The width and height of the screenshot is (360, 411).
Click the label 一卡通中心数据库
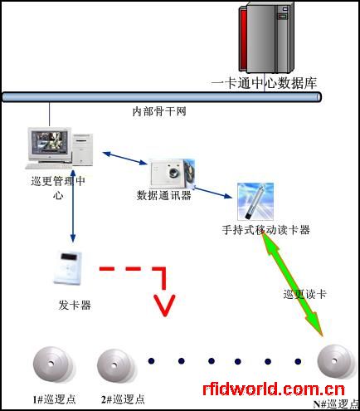pyautogui.click(x=264, y=83)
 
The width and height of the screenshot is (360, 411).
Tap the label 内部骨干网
pyautogui.click(x=159, y=111)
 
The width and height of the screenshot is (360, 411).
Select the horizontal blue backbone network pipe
pyautogui.click(x=162, y=97)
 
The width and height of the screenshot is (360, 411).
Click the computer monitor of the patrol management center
pyautogui.click(x=50, y=144)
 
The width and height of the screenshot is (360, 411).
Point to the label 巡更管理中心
pyautogui.click(x=58, y=188)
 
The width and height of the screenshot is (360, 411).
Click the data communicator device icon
pyautogui.click(x=172, y=173)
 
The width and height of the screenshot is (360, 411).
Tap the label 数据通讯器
pyautogui.click(x=164, y=195)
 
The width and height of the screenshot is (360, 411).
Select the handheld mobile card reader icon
pyautogui.click(x=255, y=202)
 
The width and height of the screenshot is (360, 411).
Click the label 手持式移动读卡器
pyautogui.click(x=265, y=230)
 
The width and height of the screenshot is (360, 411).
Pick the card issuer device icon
pyautogui.click(x=68, y=267)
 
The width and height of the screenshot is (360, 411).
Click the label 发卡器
pyautogui.click(x=75, y=305)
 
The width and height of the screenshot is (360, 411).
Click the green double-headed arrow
pyautogui.click(x=292, y=285)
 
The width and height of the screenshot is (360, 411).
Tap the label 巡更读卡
pyautogui.click(x=304, y=294)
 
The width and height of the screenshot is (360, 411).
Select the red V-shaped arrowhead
pyautogui.click(x=165, y=306)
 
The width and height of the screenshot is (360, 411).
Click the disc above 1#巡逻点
pyautogui.click(x=52, y=364)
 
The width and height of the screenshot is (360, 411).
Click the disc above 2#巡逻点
pyautogui.click(x=116, y=365)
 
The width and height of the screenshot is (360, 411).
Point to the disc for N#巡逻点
pyautogui.click(x=336, y=361)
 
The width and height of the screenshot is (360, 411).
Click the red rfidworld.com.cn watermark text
pyautogui.click(x=274, y=389)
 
